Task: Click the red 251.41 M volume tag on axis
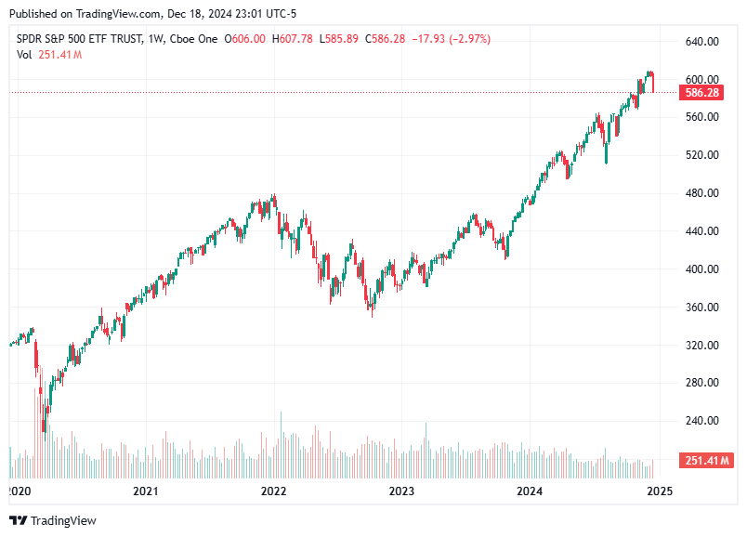pos(708,461)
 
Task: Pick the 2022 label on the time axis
pos(272,490)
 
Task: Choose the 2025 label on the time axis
pos(659,490)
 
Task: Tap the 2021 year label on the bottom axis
pos(144,490)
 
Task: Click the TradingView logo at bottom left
pos(53,520)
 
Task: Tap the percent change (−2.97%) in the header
pos(469,39)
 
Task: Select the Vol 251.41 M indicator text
pos(49,55)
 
